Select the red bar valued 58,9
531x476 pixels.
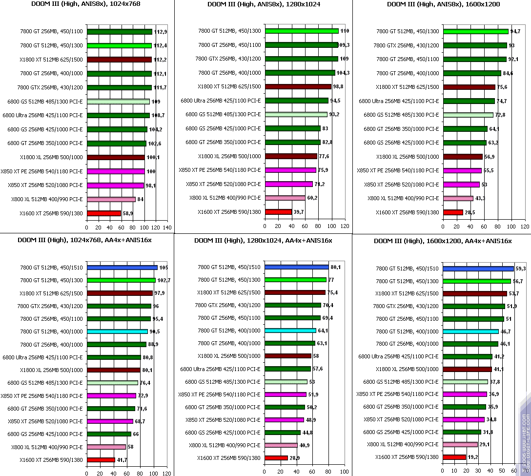[104, 213]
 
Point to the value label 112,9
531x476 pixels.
[161, 32]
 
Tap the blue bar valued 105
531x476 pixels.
[122, 268]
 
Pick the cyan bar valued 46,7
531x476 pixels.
[470, 331]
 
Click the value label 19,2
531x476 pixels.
[473, 457]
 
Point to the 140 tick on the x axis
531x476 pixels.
[167, 228]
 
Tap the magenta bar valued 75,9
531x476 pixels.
[290, 170]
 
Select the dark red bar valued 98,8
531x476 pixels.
[298, 86]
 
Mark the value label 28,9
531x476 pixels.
[295, 458]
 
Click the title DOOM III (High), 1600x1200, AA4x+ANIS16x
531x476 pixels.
[442, 241]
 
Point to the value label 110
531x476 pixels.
[345, 31]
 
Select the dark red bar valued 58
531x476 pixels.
[288, 356]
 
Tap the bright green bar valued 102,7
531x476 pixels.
[121, 280]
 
